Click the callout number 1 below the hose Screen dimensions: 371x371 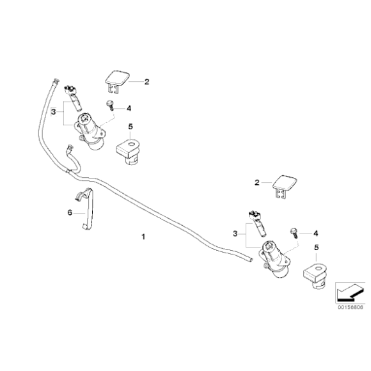[x=143, y=237]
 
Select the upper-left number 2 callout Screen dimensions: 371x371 [x=146, y=82]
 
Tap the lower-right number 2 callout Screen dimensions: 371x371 [x=257, y=183]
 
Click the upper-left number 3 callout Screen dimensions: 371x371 [x=54, y=112]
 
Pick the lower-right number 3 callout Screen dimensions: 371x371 [x=235, y=233]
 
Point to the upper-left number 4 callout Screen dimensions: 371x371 [x=129, y=108]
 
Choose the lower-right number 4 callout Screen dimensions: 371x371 [x=315, y=233]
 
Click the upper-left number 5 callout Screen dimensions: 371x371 [x=130, y=127]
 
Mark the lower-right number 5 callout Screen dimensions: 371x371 [x=317, y=248]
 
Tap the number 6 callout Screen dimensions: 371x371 [x=70, y=213]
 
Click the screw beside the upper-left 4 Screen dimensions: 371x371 [x=110, y=105]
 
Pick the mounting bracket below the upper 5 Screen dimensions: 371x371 [x=128, y=152]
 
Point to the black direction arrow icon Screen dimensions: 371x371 [x=350, y=293]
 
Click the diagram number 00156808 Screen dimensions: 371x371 [x=350, y=307]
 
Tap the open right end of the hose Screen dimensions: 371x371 [x=251, y=260]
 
